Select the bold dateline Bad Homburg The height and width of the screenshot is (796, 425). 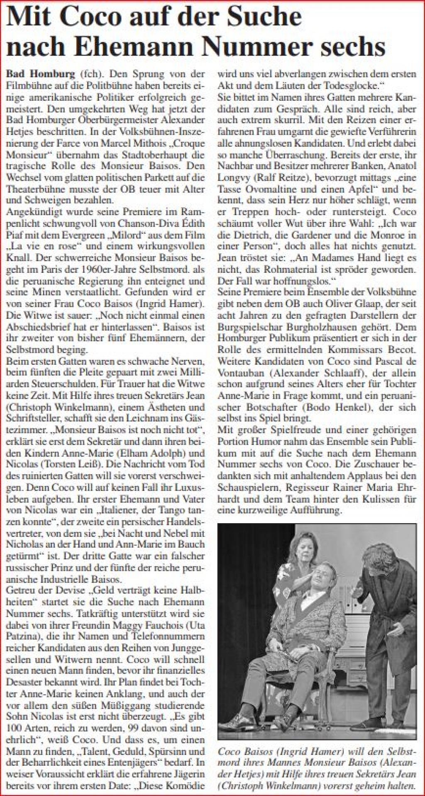(x=41, y=74)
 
